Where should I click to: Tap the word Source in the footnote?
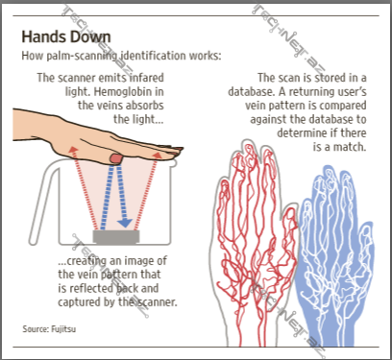click(x=36, y=329)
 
